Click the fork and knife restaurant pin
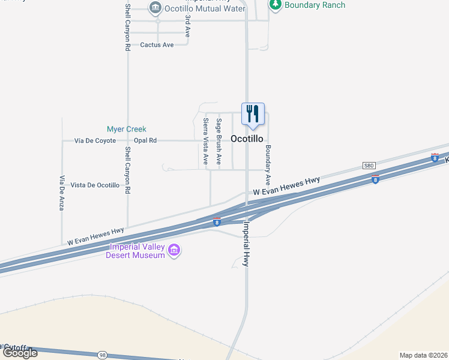(x=253, y=114)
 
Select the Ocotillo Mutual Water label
(x=205, y=8)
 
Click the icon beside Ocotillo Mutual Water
(x=155, y=8)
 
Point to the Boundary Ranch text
(x=315, y=5)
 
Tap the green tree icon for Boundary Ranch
(x=276, y=5)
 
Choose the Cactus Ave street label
(x=157, y=45)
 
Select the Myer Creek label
(x=127, y=129)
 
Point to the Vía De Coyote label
(x=95, y=140)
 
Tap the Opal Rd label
(x=145, y=140)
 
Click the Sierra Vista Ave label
(x=205, y=142)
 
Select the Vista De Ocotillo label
(x=95, y=185)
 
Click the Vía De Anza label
(x=62, y=193)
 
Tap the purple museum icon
(x=174, y=250)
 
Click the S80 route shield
(x=369, y=165)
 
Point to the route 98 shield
(x=101, y=356)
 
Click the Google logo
(x=20, y=353)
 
